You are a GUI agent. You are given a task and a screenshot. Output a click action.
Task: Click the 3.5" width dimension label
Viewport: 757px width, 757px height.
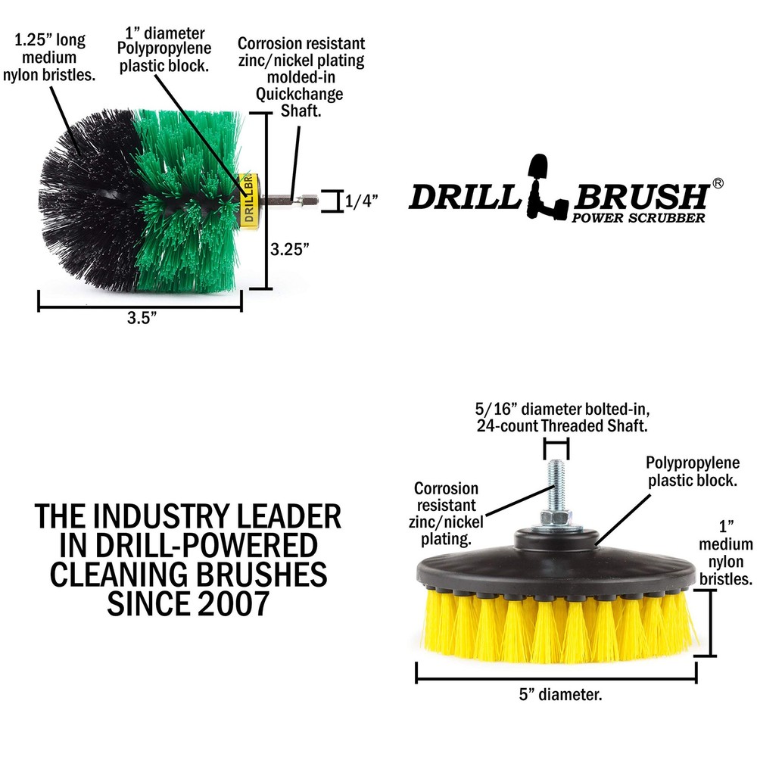(142, 318)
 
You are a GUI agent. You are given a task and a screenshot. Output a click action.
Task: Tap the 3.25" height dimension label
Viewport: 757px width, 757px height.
(289, 249)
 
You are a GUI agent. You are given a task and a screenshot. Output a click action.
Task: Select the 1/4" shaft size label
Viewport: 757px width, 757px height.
(361, 201)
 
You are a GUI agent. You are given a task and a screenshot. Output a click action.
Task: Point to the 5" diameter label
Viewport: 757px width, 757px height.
(560, 695)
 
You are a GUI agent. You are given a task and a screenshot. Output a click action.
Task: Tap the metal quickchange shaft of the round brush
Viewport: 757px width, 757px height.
(288, 199)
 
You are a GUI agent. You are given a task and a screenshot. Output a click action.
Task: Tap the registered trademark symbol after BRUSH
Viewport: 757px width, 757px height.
(718, 183)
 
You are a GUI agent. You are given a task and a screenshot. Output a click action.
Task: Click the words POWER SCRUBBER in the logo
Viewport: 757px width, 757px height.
(638, 218)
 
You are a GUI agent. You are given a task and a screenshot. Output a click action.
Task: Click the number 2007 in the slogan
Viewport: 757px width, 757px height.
(236, 603)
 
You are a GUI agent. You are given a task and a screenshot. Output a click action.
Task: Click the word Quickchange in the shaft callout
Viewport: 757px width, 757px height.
(299, 94)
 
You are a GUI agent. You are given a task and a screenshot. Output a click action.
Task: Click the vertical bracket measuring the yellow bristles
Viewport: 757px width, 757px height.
(710, 623)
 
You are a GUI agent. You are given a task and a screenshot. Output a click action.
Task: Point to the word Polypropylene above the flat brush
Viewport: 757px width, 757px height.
(693, 463)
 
